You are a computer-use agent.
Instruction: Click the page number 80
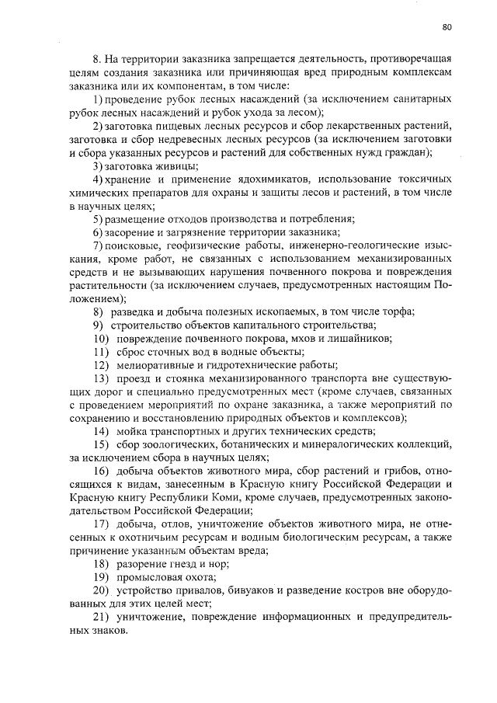(447, 27)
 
